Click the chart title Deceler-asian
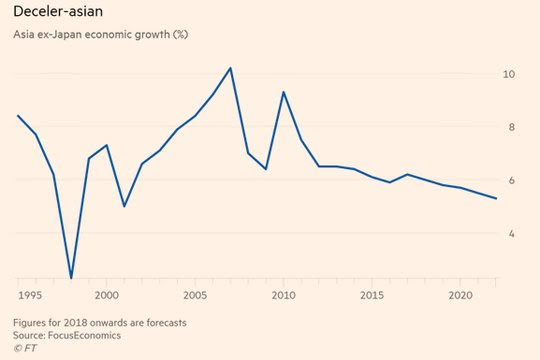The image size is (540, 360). (58, 11)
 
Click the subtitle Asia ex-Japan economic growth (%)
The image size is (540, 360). (101, 34)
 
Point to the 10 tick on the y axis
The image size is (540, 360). (509, 74)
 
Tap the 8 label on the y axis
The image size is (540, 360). (511, 127)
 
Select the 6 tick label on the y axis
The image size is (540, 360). (511, 180)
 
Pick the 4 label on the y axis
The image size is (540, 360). (511, 234)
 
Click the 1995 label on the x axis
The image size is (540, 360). (30, 295)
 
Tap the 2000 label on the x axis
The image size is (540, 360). (107, 295)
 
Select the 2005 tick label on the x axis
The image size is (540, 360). (195, 295)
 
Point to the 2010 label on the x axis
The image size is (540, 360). (283, 295)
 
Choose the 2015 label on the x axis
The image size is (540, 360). (372, 295)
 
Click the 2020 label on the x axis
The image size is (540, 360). (460, 295)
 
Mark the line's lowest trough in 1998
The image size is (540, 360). (71, 278)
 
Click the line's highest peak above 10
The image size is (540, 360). (230, 68)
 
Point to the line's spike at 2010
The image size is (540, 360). (283, 92)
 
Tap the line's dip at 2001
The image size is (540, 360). (124, 206)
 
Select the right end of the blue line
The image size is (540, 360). (496, 198)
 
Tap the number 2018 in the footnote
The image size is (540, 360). (74, 323)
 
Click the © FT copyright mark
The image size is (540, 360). (25, 348)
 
